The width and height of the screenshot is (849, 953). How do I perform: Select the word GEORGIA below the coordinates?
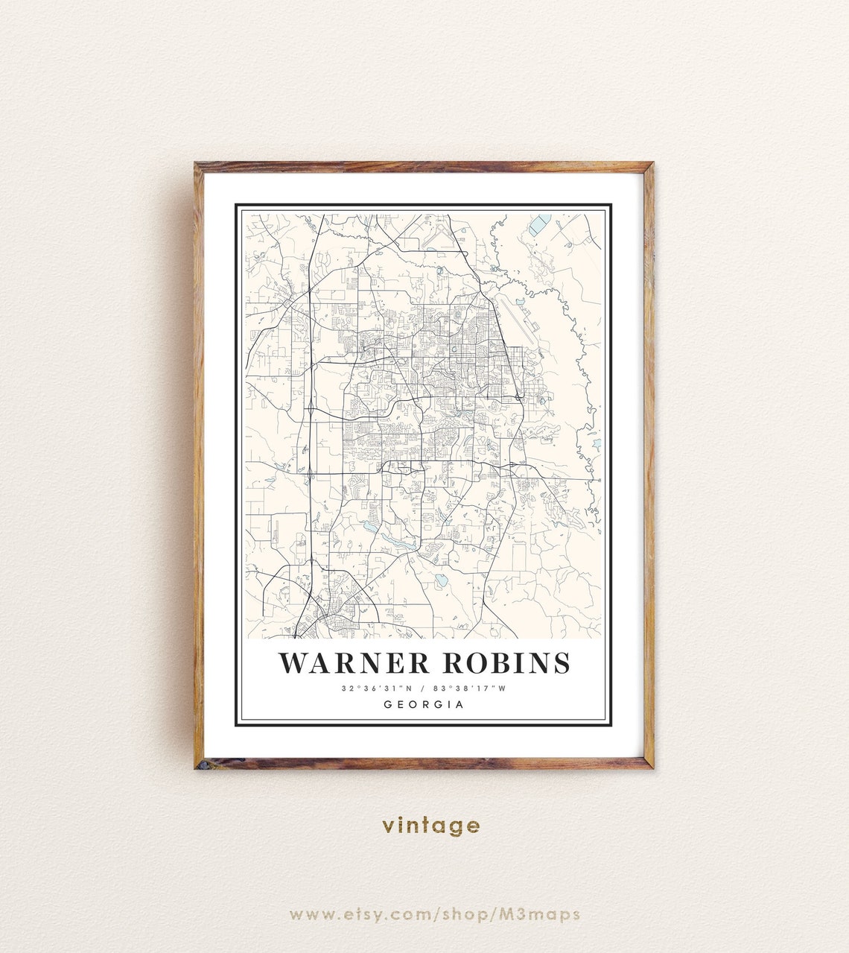[424, 704]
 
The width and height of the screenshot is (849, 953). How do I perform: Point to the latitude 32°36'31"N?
[377, 688]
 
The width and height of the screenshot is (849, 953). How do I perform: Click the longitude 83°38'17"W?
[471, 688]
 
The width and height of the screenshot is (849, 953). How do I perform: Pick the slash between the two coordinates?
[423, 688]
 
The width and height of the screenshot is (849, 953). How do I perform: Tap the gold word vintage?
[431, 825]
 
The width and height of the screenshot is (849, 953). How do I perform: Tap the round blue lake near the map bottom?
[441, 579]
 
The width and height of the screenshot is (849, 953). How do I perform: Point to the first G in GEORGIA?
[388, 704]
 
